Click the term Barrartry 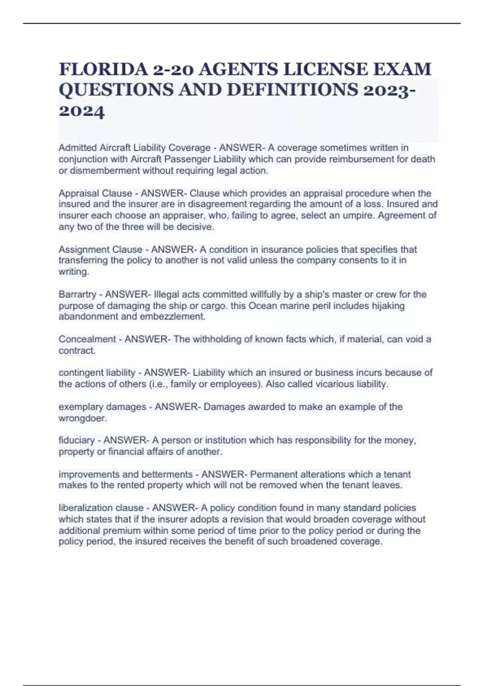click(x=77, y=294)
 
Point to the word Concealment click(x=87, y=339)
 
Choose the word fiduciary click(x=77, y=440)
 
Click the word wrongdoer click(x=82, y=418)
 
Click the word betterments click(x=167, y=474)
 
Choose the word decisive click(x=196, y=227)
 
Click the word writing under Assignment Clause click(x=73, y=272)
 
